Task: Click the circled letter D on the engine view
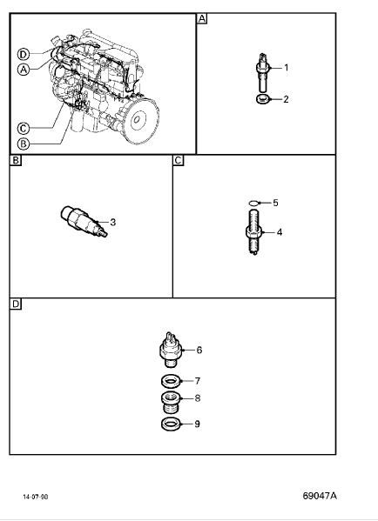24,54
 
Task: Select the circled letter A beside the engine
24,70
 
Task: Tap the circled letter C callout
24,129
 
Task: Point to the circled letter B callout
24,144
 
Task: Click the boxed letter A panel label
202,18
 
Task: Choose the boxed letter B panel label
16,161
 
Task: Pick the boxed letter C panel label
179,161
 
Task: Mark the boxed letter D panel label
16,304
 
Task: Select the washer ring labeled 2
264,99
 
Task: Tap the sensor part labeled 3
84,221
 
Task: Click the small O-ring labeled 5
253,203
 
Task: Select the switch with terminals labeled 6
172,350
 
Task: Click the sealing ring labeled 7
171,381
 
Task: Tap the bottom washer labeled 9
172,424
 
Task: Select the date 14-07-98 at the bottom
35,497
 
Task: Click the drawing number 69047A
320,496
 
